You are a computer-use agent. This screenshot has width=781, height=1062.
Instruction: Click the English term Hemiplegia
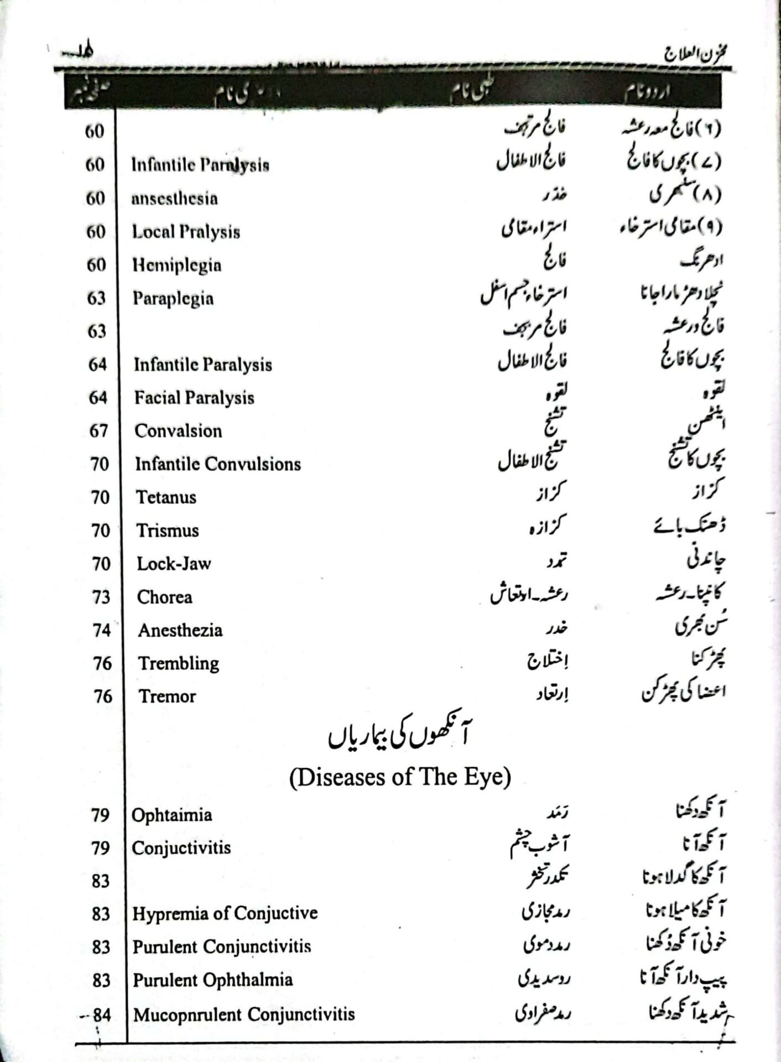176,265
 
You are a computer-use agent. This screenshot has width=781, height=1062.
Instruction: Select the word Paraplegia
173,299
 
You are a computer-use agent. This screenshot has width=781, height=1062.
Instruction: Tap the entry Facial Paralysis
194,398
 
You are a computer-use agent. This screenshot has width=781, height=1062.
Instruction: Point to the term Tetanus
166,497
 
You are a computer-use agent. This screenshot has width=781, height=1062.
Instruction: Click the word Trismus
168,530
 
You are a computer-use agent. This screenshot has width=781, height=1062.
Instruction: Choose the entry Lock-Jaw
174,564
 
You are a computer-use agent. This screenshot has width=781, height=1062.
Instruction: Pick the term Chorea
165,597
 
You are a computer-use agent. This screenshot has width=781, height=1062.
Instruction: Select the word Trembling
179,663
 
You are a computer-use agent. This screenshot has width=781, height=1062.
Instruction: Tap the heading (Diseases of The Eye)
399,777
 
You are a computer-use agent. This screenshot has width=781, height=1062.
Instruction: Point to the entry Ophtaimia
171,815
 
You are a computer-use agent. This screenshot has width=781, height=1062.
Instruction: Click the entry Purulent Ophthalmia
212,980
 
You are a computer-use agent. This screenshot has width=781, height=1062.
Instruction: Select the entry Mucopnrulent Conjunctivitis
244,1014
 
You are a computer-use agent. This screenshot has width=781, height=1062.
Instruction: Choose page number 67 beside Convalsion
98,431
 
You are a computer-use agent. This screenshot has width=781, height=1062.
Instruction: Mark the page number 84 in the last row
102,1015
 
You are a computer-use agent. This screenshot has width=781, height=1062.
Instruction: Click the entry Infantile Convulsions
218,464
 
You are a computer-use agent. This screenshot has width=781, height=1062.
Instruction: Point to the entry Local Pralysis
186,232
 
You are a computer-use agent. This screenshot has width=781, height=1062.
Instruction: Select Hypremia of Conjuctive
225,913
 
